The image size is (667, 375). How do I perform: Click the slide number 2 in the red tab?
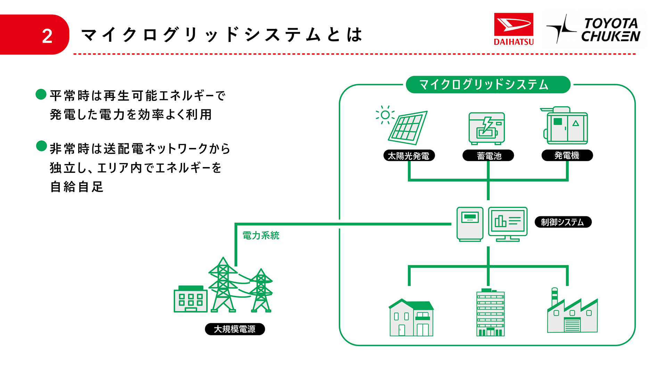click(x=47, y=36)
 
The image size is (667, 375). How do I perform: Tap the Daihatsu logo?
click(x=513, y=29)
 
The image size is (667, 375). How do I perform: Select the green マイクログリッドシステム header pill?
click(x=488, y=85)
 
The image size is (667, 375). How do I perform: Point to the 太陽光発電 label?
click(x=409, y=156)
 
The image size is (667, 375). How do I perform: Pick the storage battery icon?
click(x=487, y=128)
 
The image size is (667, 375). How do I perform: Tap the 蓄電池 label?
click(x=488, y=156)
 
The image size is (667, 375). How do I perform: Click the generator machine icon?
click(x=566, y=126)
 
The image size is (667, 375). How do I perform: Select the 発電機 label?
click(x=567, y=155)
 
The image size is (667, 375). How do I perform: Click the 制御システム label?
click(x=563, y=222)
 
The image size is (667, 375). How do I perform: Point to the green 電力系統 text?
click(x=261, y=235)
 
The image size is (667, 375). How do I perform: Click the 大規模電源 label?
click(x=235, y=329)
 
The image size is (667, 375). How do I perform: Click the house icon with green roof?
click(x=411, y=318)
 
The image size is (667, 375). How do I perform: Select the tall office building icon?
click(x=490, y=312)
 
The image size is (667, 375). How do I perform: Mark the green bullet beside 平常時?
click(x=41, y=94)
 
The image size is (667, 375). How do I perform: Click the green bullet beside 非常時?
click(x=41, y=146)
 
